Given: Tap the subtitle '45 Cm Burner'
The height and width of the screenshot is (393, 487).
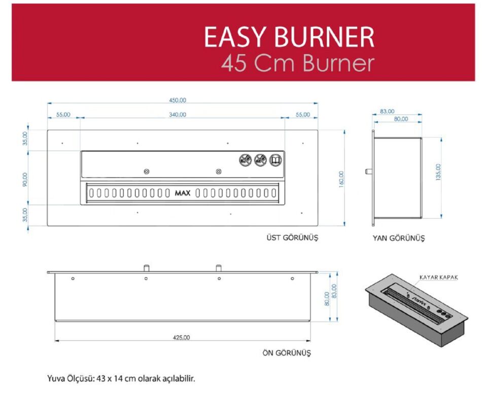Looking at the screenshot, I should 298,63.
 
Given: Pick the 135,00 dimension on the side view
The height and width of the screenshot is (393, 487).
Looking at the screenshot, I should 438,171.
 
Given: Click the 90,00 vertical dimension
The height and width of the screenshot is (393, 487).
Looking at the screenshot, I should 25,179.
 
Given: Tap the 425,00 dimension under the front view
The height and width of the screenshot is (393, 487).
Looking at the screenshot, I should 181,337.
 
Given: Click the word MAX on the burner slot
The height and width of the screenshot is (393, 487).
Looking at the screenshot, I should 183,193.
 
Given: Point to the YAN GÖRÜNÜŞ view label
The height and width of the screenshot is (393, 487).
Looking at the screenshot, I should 398,238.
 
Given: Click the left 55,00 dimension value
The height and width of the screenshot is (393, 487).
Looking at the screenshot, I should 63,115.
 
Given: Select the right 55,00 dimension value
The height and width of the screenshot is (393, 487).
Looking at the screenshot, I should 302,115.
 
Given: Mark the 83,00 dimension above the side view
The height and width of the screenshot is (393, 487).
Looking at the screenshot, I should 387,111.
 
